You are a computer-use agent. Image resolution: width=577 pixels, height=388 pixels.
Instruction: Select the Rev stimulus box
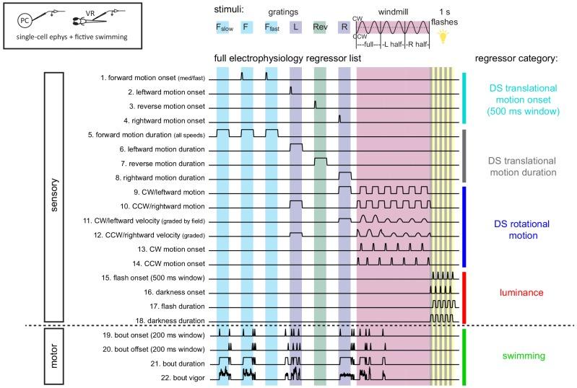coord(321,27)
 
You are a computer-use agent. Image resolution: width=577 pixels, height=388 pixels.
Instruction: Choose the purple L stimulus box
coord(296,27)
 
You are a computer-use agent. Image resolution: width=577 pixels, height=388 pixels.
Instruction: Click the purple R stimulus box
coord(344,27)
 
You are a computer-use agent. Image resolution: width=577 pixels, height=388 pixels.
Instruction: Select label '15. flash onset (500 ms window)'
coord(154,278)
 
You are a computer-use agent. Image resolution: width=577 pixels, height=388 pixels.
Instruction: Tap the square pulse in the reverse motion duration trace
coord(321,161)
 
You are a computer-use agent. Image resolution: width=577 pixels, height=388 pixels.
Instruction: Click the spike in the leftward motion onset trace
coord(291,89)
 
